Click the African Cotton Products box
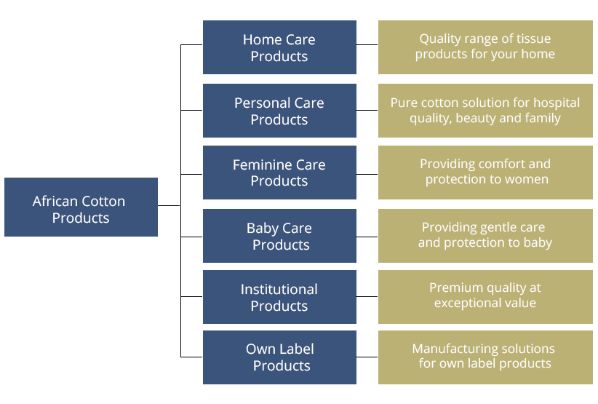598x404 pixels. [x=81, y=207]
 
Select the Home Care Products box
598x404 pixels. [x=279, y=47]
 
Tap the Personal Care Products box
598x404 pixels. [x=279, y=111]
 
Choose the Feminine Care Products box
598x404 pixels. [x=279, y=173]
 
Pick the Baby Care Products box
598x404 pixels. [x=279, y=236]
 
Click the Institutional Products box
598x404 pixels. [x=279, y=297]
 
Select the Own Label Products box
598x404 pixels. [x=279, y=357]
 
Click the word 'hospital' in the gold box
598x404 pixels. [x=556, y=103]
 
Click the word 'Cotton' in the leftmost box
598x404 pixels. [x=103, y=201]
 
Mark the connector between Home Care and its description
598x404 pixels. [x=367, y=44]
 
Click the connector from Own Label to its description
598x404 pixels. [x=367, y=357]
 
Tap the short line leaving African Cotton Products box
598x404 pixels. [x=169, y=205]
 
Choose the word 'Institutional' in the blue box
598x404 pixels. [x=279, y=289]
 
